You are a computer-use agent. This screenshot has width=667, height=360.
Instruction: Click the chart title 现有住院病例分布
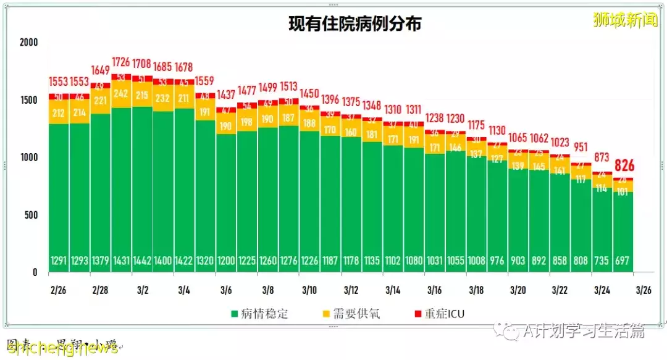pyautogui.click(x=355, y=25)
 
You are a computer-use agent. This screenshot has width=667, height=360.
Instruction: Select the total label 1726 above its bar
pyautogui.click(x=121, y=62)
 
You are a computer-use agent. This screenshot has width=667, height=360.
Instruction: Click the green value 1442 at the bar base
pyautogui.click(x=142, y=261)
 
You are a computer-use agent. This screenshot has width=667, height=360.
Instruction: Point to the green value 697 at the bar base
pyautogui.click(x=623, y=261)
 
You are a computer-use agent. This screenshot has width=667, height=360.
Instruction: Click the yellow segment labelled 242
pyautogui.click(x=121, y=94)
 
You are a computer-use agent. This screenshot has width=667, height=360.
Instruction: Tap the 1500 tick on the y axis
pyautogui.click(x=29, y=100)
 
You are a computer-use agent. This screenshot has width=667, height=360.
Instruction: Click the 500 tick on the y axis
pyautogui.click(x=31, y=215)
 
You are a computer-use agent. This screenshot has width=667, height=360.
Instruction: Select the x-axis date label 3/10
pyautogui.click(x=309, y=290)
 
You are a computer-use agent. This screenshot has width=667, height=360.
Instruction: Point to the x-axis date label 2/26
pyautogui.click(x=59, y=290)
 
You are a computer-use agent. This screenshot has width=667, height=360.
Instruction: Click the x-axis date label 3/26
pyautogui.click(x=644, y=290)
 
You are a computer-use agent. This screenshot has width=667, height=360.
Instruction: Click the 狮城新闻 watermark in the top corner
pyautogui.click(x=624, y=20)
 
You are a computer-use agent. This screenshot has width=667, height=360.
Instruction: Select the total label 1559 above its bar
pyautogui.click(x=205, y=80)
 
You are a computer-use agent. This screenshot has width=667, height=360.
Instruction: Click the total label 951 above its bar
pyautogui.click(x=581, y=147)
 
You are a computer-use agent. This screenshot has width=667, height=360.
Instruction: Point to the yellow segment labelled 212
pyautogui.click(x=59, y=112)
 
